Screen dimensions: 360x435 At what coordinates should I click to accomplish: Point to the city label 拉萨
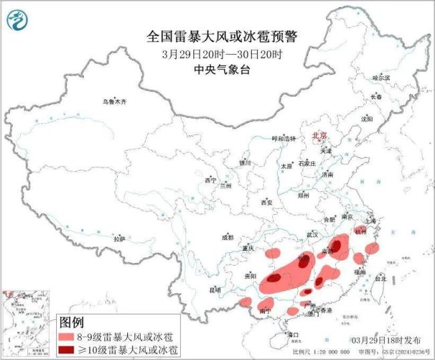(119, 239)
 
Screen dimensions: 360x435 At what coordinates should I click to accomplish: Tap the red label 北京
(319, 136)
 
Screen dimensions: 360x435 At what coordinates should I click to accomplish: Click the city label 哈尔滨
(381, 78)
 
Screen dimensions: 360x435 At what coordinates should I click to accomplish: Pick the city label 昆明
(214, 290)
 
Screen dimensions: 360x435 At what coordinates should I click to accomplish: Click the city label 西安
(268, 201)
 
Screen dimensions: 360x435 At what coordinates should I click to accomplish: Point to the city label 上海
(369, 220)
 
